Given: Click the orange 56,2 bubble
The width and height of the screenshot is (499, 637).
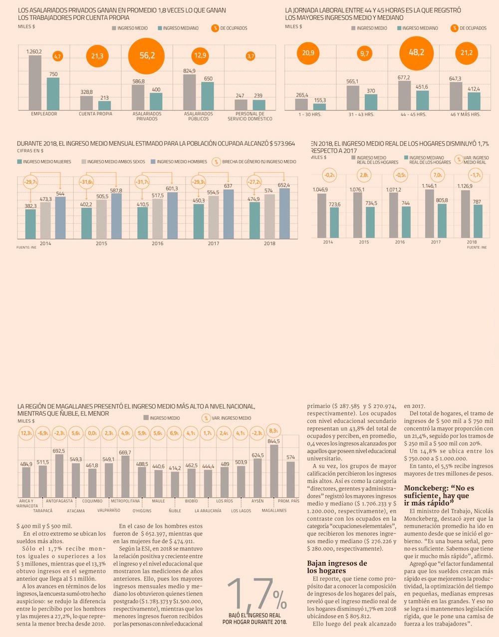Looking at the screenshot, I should tap(147, 55).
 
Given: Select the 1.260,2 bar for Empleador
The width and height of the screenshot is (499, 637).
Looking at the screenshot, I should tap(35, 82).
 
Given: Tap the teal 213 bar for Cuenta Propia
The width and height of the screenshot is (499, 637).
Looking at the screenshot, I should tap(104, 105).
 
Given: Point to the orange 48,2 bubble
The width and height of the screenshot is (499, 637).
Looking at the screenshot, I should tap(416, 52).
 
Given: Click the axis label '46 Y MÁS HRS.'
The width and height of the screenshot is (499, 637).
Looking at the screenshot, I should tap(465, 114).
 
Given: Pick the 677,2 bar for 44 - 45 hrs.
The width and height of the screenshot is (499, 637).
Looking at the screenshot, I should tap(404, 95).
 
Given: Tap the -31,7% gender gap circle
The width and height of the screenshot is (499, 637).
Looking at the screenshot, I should tap(142, 182).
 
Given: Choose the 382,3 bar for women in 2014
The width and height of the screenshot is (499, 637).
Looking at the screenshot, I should tap(31, 224).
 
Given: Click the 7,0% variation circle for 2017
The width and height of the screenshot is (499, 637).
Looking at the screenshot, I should tap(438, 175).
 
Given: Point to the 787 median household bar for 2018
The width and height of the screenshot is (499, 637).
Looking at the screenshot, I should tap(478, 221).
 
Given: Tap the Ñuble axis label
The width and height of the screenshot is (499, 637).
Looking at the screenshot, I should tap(175, 511).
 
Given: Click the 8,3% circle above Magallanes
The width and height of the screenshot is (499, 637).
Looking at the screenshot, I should tap(273, 430).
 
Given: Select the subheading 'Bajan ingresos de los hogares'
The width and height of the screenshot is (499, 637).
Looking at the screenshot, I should tap(337, 567).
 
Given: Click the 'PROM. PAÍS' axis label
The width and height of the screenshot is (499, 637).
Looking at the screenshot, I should tap(288, 501).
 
